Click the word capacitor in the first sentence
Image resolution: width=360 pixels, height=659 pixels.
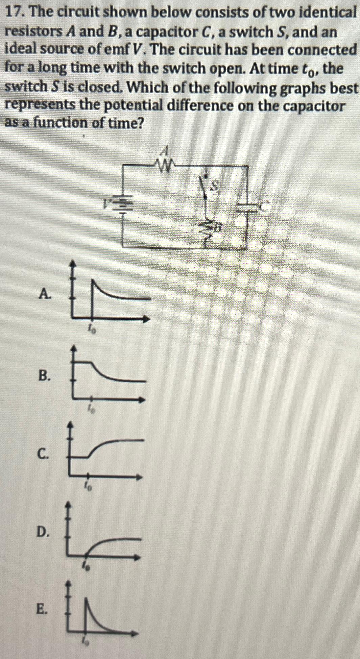coord(169,32)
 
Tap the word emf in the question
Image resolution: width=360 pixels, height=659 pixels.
coord(113,50)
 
